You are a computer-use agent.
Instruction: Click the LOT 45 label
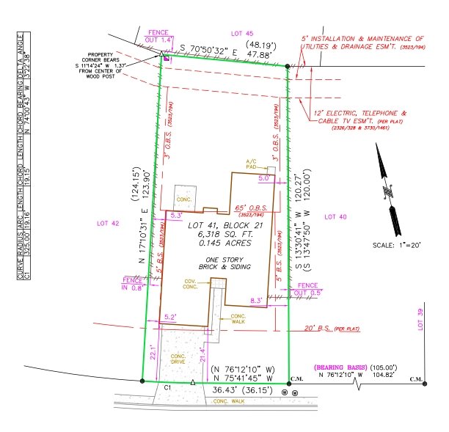(x=241, y=34)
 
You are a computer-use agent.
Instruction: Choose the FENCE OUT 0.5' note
(x=309, y=288)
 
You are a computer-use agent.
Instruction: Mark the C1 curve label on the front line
(x=167, y=387)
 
